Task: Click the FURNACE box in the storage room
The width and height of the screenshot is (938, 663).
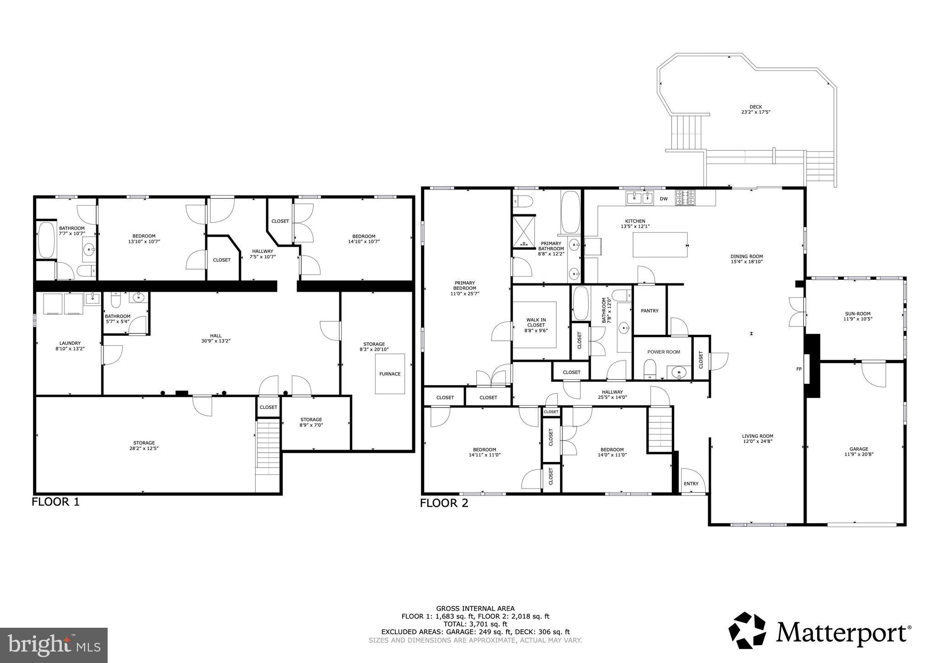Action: coord(390,374)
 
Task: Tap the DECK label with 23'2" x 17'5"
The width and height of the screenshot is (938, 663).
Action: coord(756,109)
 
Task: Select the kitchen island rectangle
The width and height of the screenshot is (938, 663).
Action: coord(660,245)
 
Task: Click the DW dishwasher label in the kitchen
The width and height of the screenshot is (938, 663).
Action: coord(663,199)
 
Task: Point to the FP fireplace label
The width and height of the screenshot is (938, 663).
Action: coord(799,369)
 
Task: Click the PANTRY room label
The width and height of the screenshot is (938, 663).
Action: coord(649,311)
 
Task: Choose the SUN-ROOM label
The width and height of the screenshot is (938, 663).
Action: coord(855,316)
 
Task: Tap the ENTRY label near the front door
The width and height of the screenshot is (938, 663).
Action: coord(691,484)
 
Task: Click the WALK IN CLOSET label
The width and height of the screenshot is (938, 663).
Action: coord(536,325)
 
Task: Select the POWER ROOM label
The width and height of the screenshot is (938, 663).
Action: coord(664,352)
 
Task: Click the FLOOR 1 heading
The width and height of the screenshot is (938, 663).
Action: coord(55,502)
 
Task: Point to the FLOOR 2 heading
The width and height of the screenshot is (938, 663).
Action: coord(444,504)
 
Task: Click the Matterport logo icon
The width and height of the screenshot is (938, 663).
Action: coord(747,630)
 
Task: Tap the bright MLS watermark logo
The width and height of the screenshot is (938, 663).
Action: coord(54,645)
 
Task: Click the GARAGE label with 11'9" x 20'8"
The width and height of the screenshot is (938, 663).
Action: coord(855,452)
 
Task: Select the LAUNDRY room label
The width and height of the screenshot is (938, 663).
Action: coord(70,346)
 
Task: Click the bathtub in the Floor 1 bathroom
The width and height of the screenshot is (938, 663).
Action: coord(47,240)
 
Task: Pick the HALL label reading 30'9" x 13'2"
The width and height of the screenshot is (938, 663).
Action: coord(215,338)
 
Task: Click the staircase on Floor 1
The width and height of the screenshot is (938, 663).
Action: coord(267,449)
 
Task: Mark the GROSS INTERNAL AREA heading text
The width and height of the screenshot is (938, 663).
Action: coord(475,609)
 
